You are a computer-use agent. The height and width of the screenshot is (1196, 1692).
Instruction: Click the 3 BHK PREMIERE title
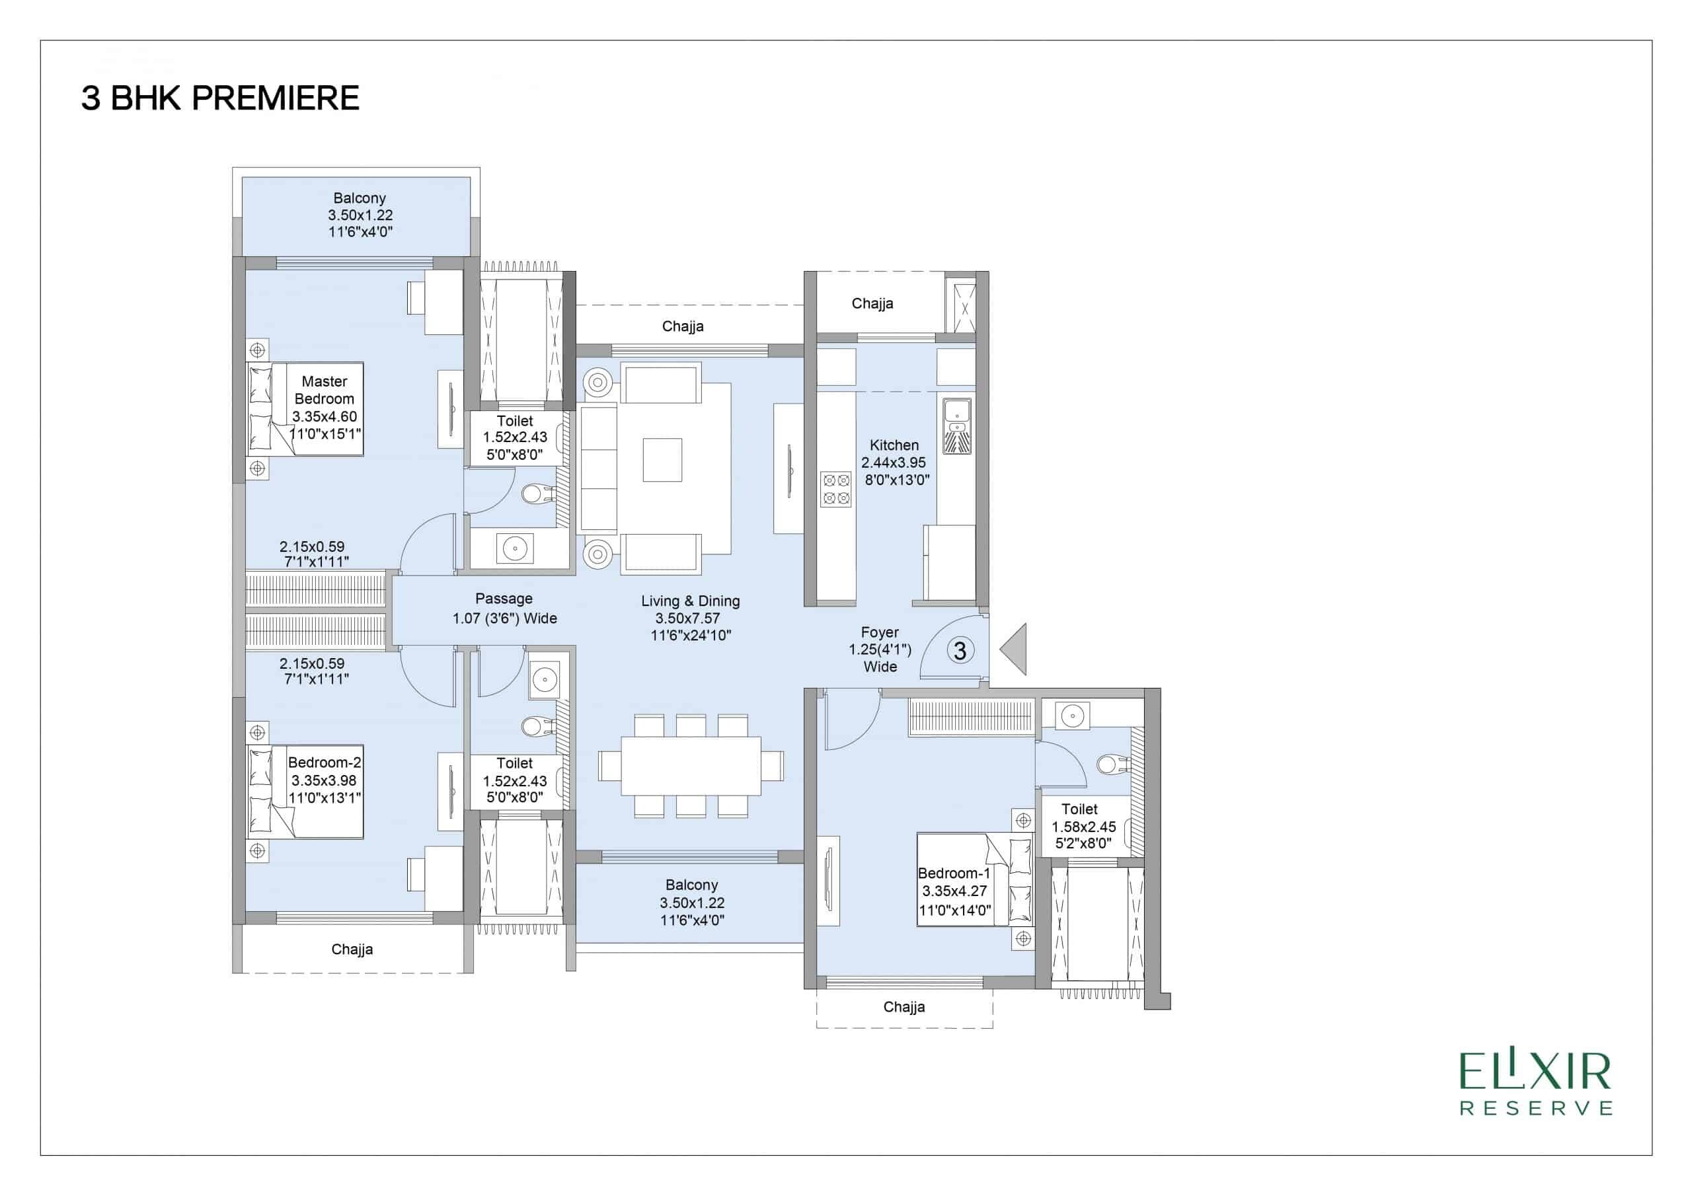pos(219,98)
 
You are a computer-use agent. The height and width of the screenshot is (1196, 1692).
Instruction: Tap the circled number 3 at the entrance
pos(960,651)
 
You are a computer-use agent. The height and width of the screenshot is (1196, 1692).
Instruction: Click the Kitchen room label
pos(894,445)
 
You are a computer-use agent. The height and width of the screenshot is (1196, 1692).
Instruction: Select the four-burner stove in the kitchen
pos(835,490)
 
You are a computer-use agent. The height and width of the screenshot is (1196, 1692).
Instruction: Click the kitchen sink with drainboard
pos(956,426)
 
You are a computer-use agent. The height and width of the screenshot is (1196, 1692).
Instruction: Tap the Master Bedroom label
pos(325,390)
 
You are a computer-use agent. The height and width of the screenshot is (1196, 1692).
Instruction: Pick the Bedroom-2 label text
pos(325,763)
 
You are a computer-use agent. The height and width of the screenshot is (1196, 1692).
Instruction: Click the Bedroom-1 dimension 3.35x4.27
pos(954,891)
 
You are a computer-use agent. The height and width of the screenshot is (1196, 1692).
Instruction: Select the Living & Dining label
pos(691,601)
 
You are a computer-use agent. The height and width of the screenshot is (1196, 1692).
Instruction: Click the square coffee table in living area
pos(662,460)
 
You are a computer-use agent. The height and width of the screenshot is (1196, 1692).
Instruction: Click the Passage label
pos(504,599)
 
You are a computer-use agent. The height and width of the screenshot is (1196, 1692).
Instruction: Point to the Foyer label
pos(879,632)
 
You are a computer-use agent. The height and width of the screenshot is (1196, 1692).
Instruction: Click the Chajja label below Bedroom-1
pos(904,1006)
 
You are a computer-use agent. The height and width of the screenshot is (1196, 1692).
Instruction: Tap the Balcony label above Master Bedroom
pos(359,198)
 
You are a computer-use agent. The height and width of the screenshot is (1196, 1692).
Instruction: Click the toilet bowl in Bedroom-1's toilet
pos(1111,764)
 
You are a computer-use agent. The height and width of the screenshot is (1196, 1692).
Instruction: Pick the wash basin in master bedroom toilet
pos(514,549)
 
